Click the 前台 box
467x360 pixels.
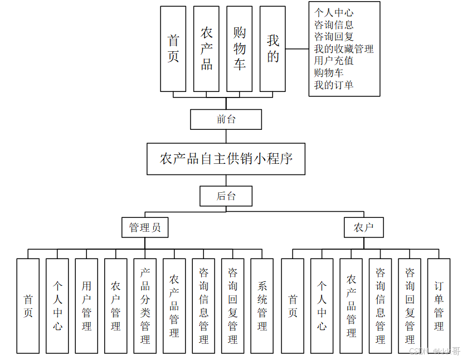[x=226, y=119]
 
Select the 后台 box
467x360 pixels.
[x=226, y=196]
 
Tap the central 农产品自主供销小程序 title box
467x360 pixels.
[x=226, y=159]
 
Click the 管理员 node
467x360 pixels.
[x=145, y=227]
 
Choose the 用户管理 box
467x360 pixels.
[x=86, y=305]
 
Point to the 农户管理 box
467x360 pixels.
[x=116, y=305]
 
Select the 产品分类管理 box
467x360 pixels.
[x=145, y=305]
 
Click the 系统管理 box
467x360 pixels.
[x=262, y=305]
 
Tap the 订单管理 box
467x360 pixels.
[x=439, y=305]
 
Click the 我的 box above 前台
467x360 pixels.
[x=273, y=48]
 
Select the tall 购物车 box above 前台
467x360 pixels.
[x=240, y=48]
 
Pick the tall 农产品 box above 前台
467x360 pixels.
[x=206, y=48]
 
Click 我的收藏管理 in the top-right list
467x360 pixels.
[x=343, y=49]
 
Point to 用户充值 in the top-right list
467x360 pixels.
[x=333, y=61]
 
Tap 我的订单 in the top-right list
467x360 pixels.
[x=333, y=85]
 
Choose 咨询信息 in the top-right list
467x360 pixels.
[x=333, y=25]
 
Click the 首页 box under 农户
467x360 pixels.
[x=293, y=305]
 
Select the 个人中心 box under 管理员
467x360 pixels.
[x=57, y=305]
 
